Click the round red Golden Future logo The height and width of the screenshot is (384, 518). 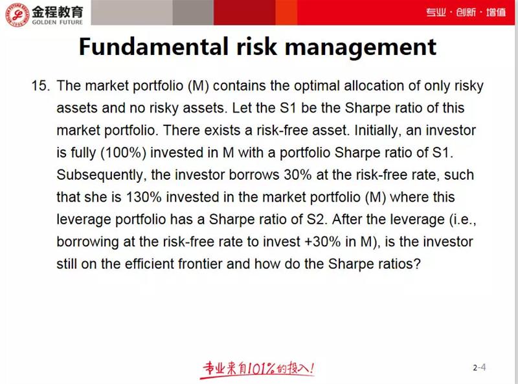(x=17, y=15)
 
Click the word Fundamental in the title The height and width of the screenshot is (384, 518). (x=153, y=47)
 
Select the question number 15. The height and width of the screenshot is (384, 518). (x=41, y=86)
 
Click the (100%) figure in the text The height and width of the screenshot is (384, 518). (x=123, y=153)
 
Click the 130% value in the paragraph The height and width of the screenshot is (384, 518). (x=143, y=197)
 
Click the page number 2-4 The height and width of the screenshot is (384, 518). (x=479, y=367)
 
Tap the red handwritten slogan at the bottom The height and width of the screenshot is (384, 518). (x=258, y=368)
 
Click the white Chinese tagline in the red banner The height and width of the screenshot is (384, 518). (x=466, y=12)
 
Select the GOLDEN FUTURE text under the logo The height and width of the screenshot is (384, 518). (x=58, y=22)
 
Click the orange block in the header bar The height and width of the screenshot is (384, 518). (x=286, y=12)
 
